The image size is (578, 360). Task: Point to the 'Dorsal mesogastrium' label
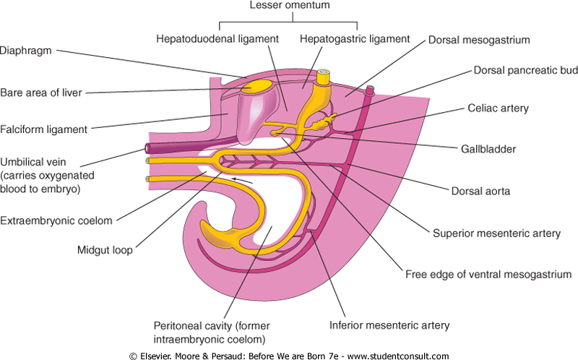490,40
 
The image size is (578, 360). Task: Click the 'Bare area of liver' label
41,93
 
